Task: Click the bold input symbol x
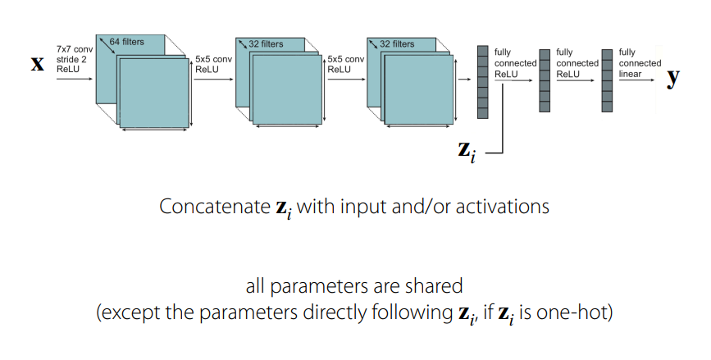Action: (38, 64)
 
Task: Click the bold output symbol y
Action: (673, 77)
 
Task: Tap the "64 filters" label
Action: (126, 42)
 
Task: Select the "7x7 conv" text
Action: (75, 49)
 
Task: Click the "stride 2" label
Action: (71, 59)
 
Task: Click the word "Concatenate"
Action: (215, 207)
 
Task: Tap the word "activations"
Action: (503, 207)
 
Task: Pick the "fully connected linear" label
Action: (640, 63)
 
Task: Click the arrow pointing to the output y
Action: (636, 80)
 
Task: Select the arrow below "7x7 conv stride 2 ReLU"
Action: (75, 79)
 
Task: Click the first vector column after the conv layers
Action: (482, 82)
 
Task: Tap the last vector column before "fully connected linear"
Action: (607, 80)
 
